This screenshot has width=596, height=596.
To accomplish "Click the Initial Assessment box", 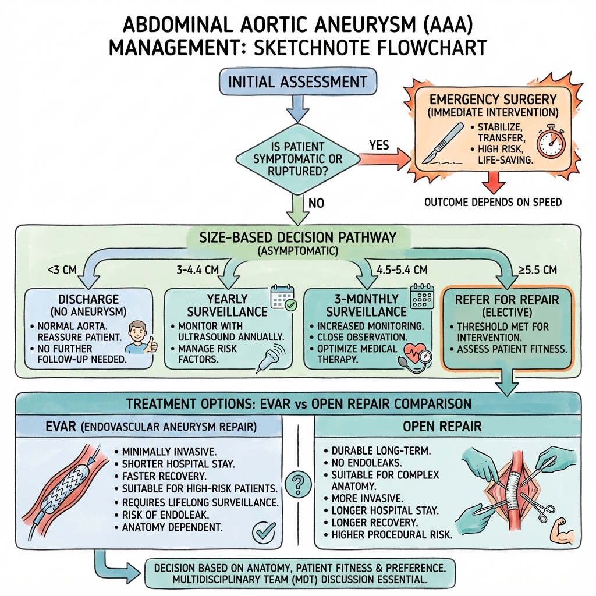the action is pos(298,81).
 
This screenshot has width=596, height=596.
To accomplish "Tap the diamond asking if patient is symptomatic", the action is pos(297,159).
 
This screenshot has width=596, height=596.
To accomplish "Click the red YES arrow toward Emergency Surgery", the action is pos(385,158).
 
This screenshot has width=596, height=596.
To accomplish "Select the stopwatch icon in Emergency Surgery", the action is pos(551,141).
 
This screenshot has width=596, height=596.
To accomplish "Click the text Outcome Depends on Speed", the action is pos(493,202).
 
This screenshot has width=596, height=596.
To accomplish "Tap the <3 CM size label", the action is pos(62,270).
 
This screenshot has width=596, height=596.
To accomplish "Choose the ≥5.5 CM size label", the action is pos(537,270).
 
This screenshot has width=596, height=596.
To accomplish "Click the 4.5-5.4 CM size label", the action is pos(402,270).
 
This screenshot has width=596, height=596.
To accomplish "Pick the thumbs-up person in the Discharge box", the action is pos(141,337).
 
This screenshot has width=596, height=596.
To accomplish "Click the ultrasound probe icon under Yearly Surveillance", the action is pos(270,357).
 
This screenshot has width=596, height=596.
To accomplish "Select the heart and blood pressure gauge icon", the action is pos(416,356).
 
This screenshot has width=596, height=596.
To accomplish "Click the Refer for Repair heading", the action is pos(507,300).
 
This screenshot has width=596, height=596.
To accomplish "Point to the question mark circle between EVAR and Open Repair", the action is pos(298,484).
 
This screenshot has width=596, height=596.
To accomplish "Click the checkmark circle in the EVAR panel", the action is pos(264,531).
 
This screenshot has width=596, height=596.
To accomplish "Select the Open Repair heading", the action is pos(442,426).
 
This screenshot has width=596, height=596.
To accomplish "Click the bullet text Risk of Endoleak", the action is pos(166,515).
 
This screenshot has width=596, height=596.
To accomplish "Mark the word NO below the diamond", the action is pos(316,203).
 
